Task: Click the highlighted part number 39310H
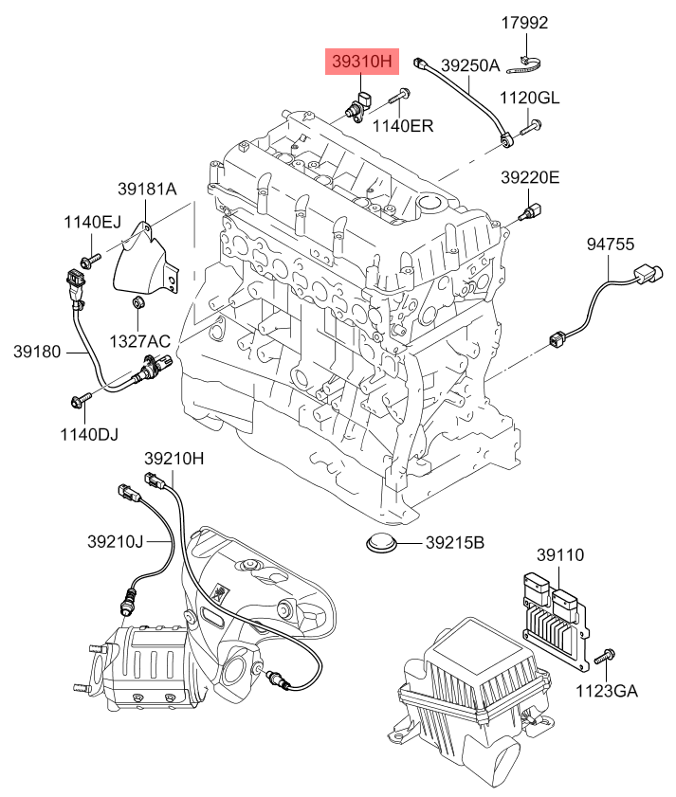(361, 63)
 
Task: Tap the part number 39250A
(469, 65)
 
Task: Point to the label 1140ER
(402, 125)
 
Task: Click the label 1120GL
(530, 99)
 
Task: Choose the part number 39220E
(530, 177)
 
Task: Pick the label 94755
(610, 244)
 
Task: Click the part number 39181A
(147, 189)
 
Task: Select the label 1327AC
(139, 340)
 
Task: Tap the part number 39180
(37, 352)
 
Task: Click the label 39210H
(174, 458)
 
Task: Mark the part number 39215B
(454, 543)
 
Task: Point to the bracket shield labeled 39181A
(146, 261)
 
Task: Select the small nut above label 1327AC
(137, 303)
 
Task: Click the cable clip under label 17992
(526, 66)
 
